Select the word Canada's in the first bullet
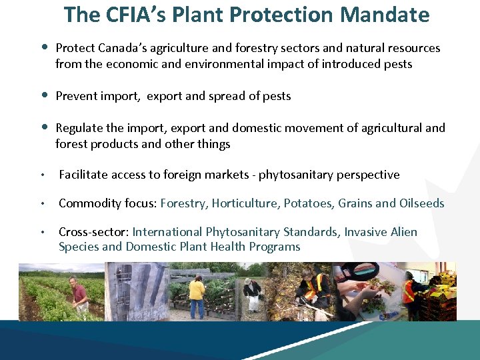coord(124,48)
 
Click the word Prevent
coord(77,96)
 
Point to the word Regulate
coord(80,128)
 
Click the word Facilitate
coord(84,175)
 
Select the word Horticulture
coord(246,203)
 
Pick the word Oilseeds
coord(421,203)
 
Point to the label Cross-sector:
coord(93,232)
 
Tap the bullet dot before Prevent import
coord(44,95)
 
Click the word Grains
coord(355,203)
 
